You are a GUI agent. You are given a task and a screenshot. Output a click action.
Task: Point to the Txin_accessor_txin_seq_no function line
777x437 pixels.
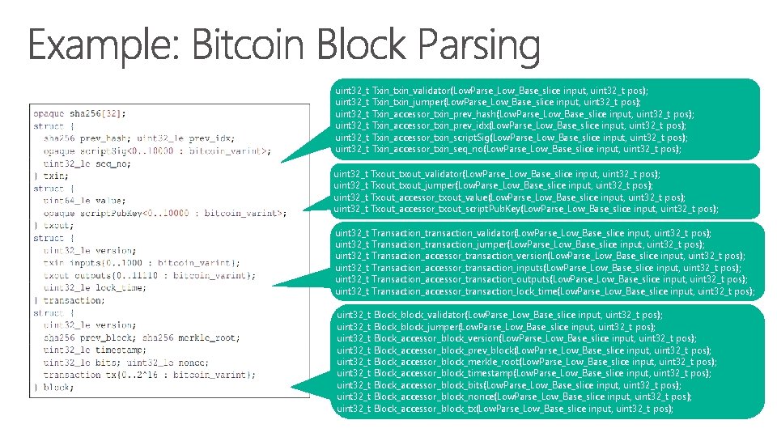pos(496,148)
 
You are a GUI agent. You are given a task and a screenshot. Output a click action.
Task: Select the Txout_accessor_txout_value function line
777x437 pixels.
pos(509,197)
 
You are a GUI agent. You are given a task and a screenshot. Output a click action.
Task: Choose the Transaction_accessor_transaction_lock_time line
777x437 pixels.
pos(544,291)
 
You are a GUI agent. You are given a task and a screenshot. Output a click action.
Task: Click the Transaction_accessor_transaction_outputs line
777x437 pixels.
pos(541,279)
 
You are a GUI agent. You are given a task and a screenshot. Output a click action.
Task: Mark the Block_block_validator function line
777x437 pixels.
pos(499,314)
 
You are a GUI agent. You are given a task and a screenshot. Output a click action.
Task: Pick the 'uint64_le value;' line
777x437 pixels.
pos(85,200)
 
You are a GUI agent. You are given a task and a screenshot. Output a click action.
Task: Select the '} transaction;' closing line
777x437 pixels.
pos(68,300)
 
